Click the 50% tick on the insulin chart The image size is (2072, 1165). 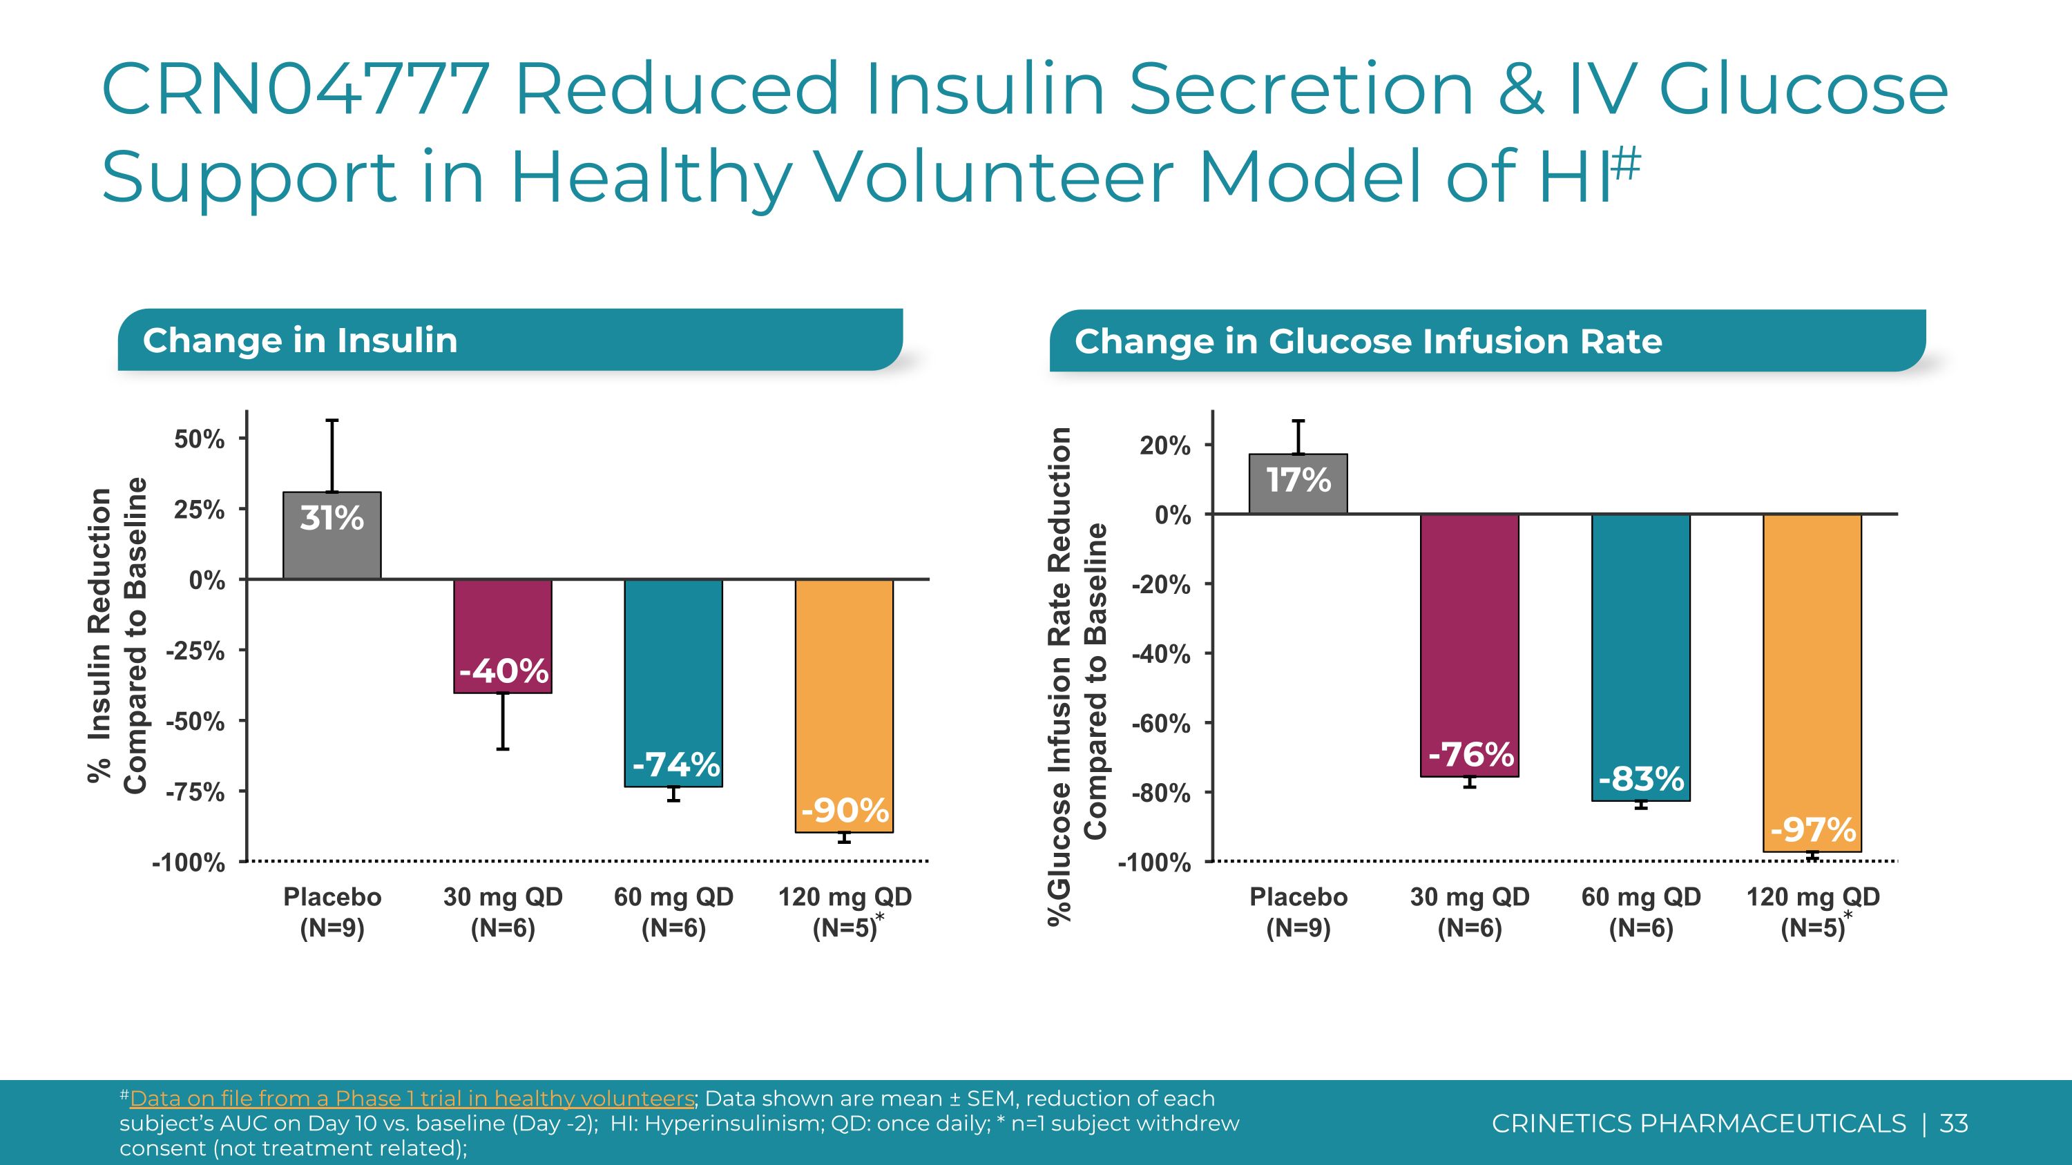click(200, 439)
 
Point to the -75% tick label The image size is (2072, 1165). click(195, 792)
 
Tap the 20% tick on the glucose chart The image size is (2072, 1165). click(1164, 445)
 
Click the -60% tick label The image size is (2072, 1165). click(1161, 724)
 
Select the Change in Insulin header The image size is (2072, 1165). click(300, 340)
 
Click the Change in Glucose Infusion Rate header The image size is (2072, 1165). click(1368, 341)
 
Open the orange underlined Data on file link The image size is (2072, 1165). click(412, 1098)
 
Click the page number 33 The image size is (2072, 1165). click(1954, 1123)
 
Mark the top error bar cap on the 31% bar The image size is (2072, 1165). click(332, 421)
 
